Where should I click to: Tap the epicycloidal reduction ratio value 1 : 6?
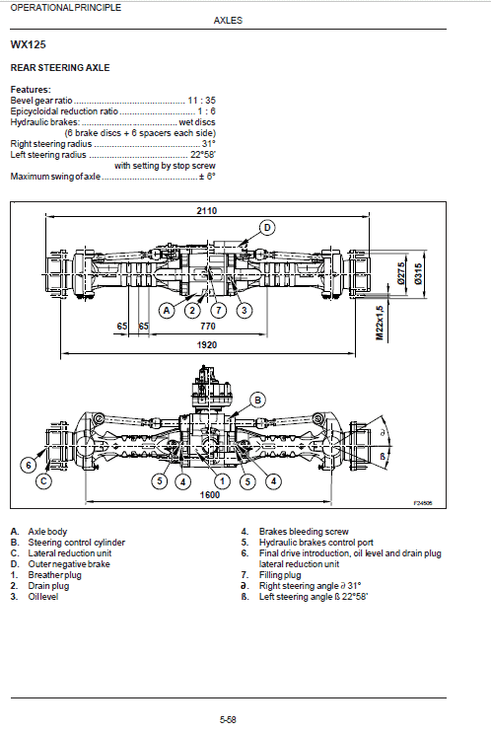205,110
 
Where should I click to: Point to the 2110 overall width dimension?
206,211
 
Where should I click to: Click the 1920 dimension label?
206,344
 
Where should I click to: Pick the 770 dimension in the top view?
208,325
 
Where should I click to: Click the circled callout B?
257,400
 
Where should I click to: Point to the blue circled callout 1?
223,480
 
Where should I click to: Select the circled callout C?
43,481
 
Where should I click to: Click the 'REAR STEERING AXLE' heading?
59,67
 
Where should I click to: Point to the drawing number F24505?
424,503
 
